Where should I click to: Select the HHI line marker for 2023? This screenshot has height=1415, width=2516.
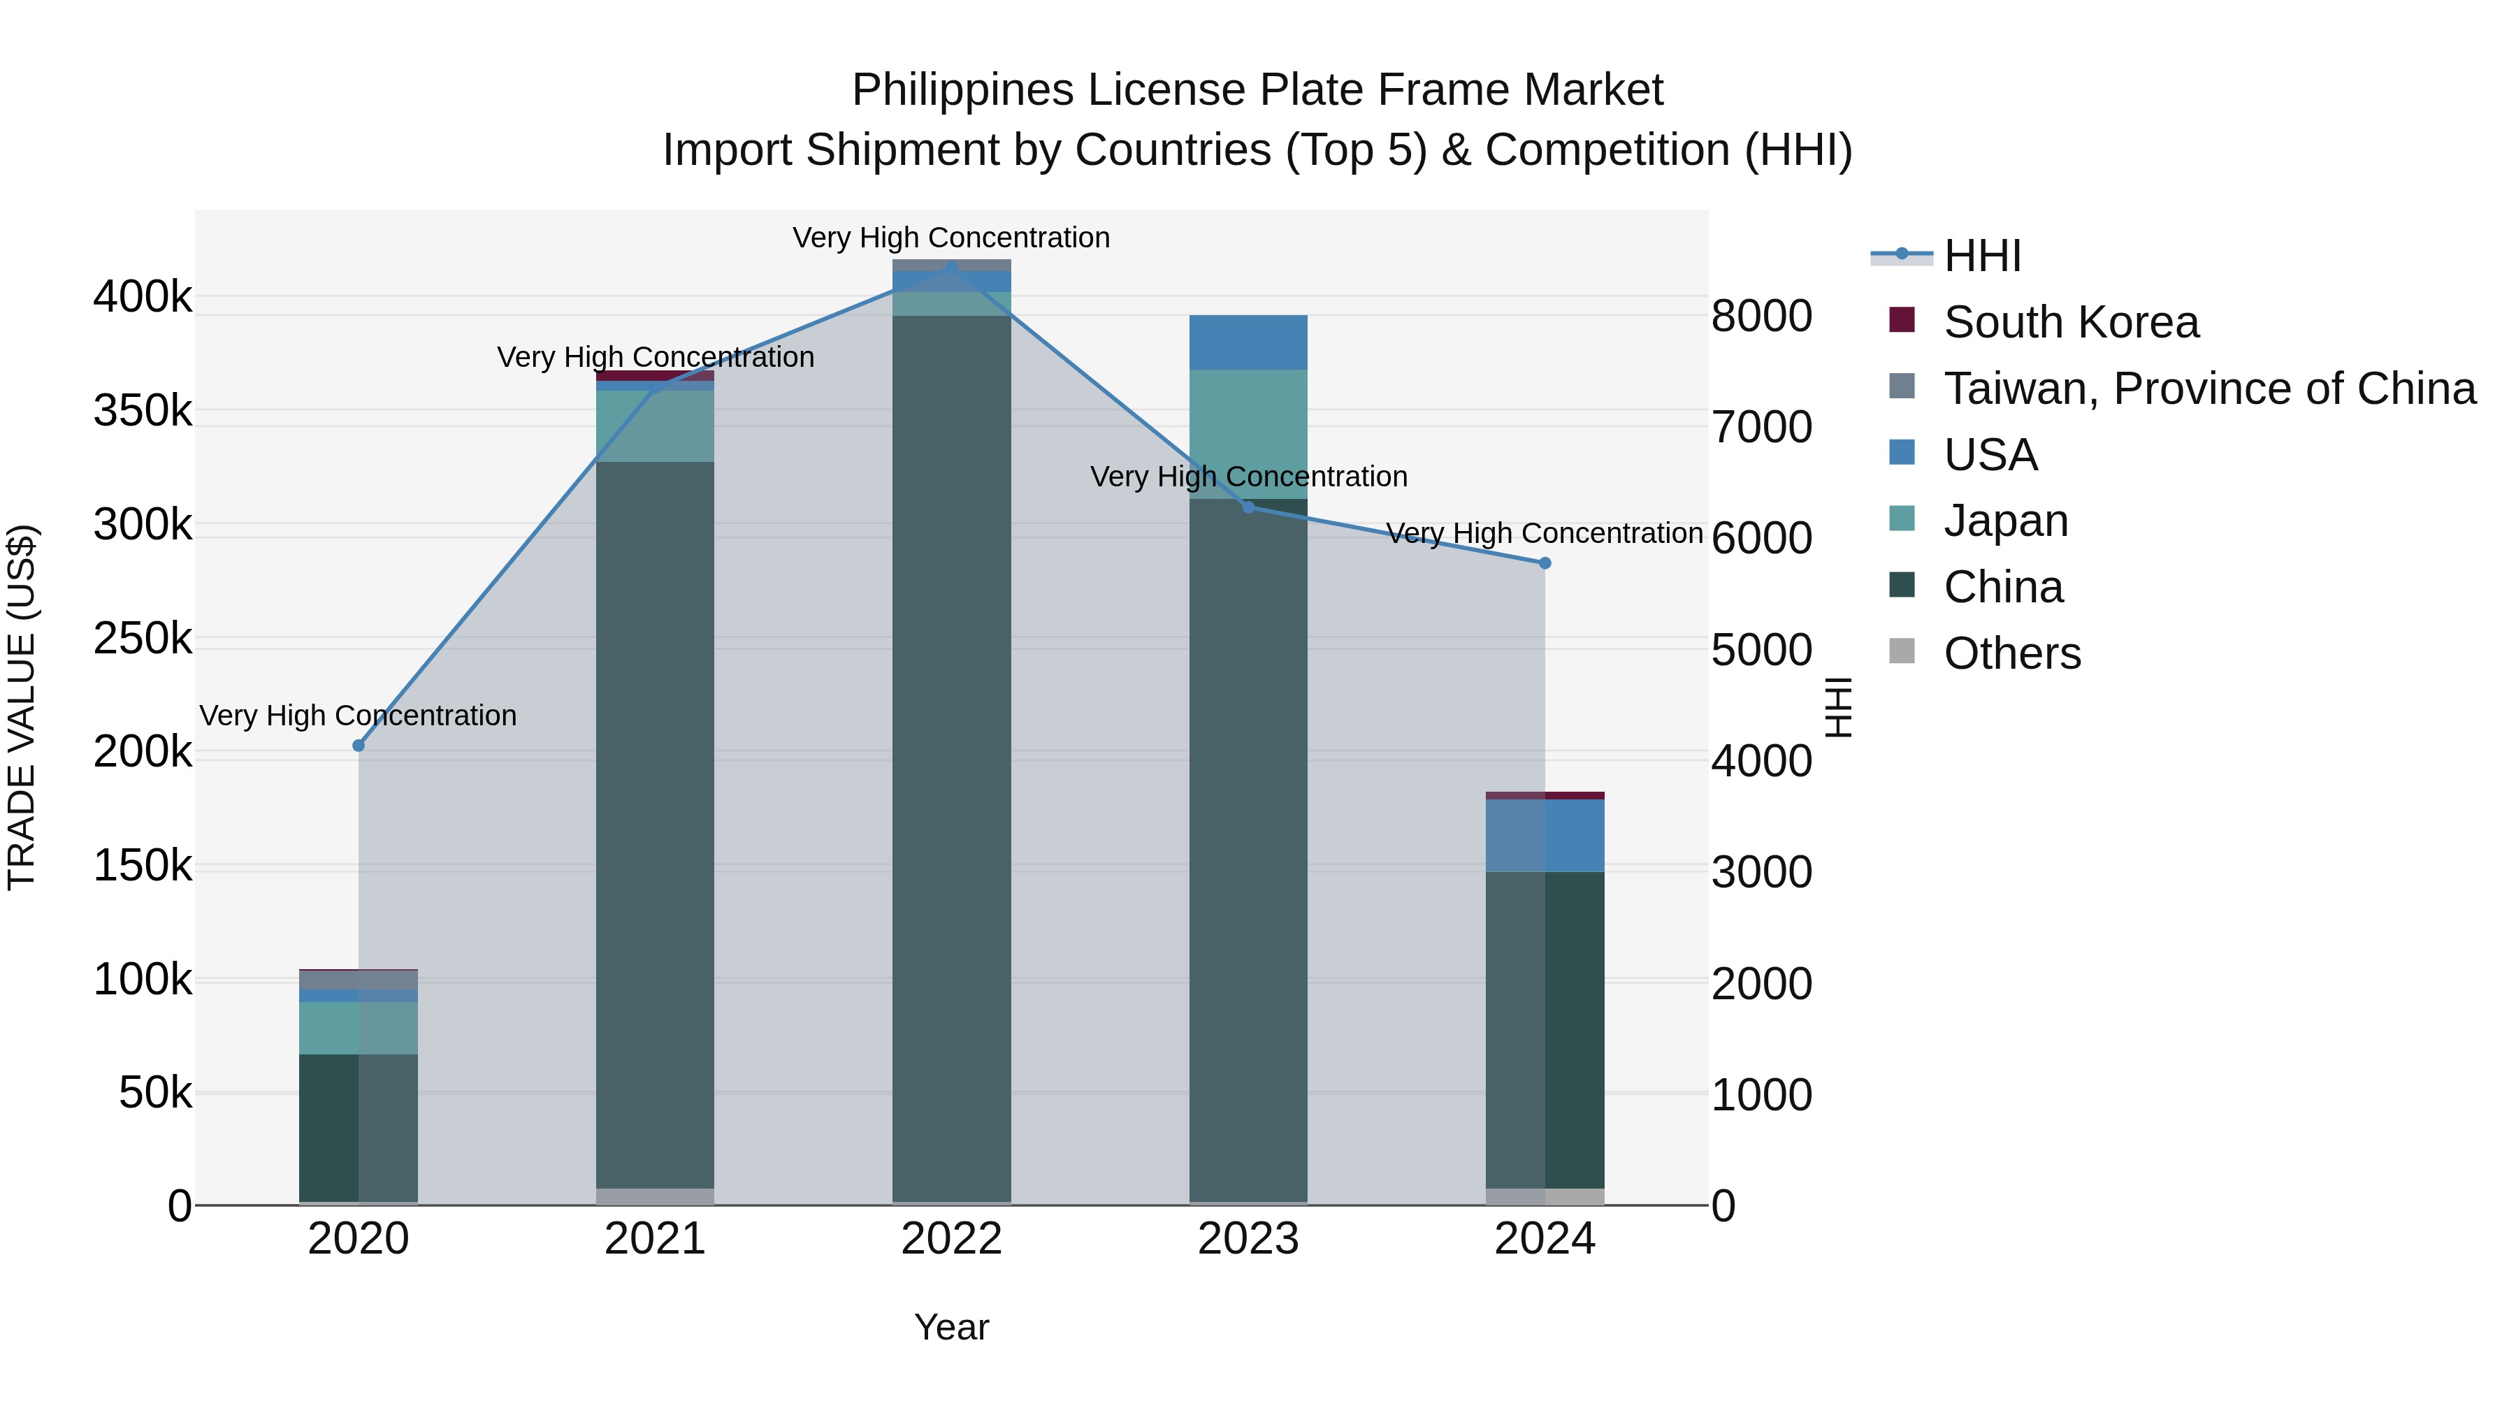(x=1248, y=507)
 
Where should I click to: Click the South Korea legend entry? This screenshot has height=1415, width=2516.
(x=2071, y=322)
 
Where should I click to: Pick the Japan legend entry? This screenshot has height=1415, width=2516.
(x=2005, y=521)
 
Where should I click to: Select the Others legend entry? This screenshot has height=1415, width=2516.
(x=2012, y=653)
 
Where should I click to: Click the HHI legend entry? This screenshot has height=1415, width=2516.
(x=1982, y=256)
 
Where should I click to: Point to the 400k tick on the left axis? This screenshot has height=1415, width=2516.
(x=143, y=297)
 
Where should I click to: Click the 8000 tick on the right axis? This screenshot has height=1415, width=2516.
(x=1762, y=317)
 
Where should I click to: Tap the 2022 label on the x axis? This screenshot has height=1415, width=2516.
(x=951, y=1239)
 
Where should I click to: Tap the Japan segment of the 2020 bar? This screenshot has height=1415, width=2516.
(x=359, y=1029)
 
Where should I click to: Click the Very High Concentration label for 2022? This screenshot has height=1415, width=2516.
(x=951, y=238)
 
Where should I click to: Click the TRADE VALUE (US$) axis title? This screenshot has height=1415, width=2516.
(x=22, y=707)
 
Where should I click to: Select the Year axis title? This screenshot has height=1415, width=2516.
(x=951, y=1327)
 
